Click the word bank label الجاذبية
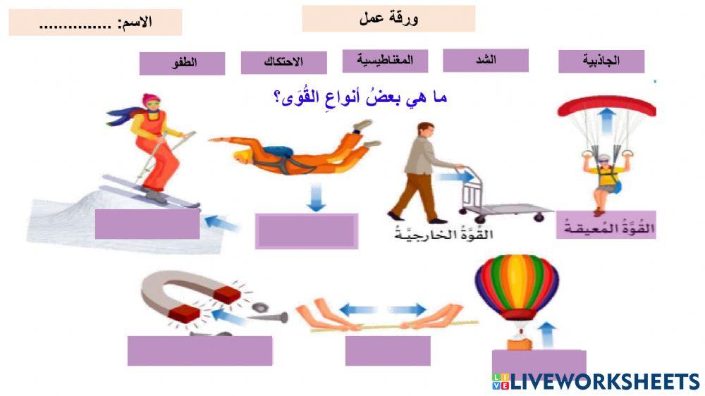coord(601,61)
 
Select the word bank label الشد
coord(486,60)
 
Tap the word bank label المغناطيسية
coord(386,61)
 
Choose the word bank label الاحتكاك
coord(283,62)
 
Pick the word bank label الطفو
coord(182,63)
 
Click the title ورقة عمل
coord(388,19)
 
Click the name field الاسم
coord(95,23)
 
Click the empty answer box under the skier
coord(147,223)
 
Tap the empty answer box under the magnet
coord(200,350)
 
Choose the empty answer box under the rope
coord(387,350)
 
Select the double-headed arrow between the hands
coord(384,309)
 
